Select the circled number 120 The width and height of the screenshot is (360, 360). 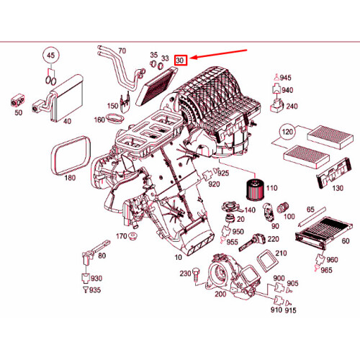coord(287,134)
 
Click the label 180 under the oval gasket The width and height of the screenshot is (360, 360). coord(70,177)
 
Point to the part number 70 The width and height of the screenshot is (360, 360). coord(122,50)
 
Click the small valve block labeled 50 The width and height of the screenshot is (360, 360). coord(17,100)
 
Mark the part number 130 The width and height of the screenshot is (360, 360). coord(336,189)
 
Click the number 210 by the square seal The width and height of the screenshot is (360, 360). coord(281,253)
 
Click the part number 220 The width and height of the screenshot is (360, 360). coord(274,239)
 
